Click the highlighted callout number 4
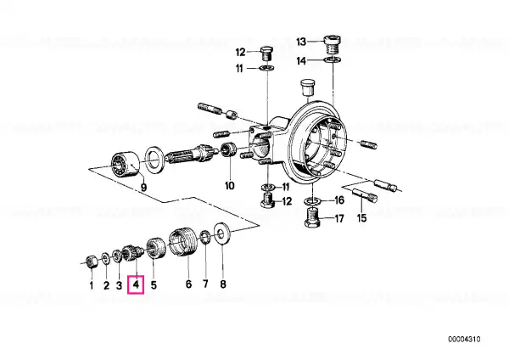pos(136,284)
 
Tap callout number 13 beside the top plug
pos(301,42)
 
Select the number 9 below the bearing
pos(143,187)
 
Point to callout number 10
pos(230,186)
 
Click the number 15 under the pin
pos(361,217)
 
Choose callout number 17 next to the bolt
pos(338,218)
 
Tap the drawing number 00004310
pos(464,340)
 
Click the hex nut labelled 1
pos(92,261)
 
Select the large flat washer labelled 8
pos(222,233)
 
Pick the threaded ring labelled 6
pos(182,242)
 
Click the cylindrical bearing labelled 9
pos(126,164)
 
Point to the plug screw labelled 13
pos(333,46)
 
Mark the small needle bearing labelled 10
pos(228,149)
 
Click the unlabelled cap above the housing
pos(307,87)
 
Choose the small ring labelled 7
pos(205,237)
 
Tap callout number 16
pos(338,200)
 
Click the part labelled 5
pos(156,248)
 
